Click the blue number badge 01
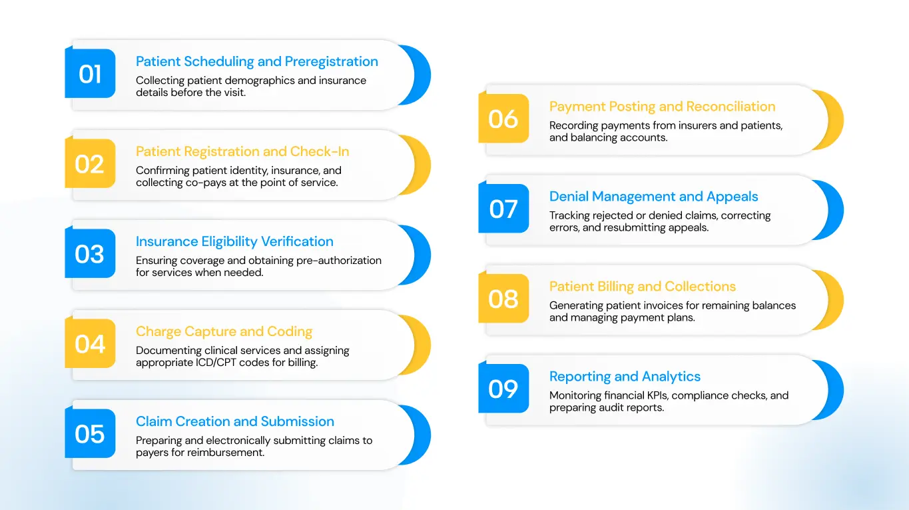pos(90,74)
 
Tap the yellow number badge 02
pos(90,164)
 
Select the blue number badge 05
pos(90,434)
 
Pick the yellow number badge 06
pos(503,119)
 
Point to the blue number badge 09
pos(503,389)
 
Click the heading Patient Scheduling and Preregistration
pos(256,61)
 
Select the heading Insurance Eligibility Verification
pos(234,241)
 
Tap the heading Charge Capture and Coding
pos(224,331)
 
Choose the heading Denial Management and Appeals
pos(653,197)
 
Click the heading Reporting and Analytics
pos(625,377)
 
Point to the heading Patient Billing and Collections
pos(642,287)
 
